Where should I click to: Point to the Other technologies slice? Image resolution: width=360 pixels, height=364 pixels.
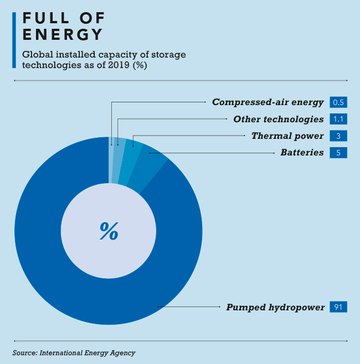(x=119, y=160)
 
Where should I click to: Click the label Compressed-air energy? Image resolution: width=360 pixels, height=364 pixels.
(x=268, y=102)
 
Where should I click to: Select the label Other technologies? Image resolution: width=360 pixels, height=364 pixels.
(x=278, y=119)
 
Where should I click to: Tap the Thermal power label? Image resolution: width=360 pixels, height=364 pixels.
(x=287, y=136)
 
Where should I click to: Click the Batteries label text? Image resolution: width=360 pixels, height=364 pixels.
(x=302, y=152)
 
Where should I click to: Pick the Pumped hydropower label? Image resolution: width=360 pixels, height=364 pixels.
(x=275, y=307)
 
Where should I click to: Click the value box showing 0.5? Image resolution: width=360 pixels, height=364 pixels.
(x=338, y=102)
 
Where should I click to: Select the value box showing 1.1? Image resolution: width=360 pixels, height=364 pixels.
(x=338, y=119)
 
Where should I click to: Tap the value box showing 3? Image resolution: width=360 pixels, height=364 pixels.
(x=338, y=136)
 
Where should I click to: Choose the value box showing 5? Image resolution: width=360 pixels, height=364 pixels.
(x=338, y=152)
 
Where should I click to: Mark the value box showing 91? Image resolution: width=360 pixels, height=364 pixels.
(x=338, y=307)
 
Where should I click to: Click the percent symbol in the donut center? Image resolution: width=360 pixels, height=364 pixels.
(x=109, y=231)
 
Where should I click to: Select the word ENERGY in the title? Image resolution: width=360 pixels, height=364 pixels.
(x=63, y=34)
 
